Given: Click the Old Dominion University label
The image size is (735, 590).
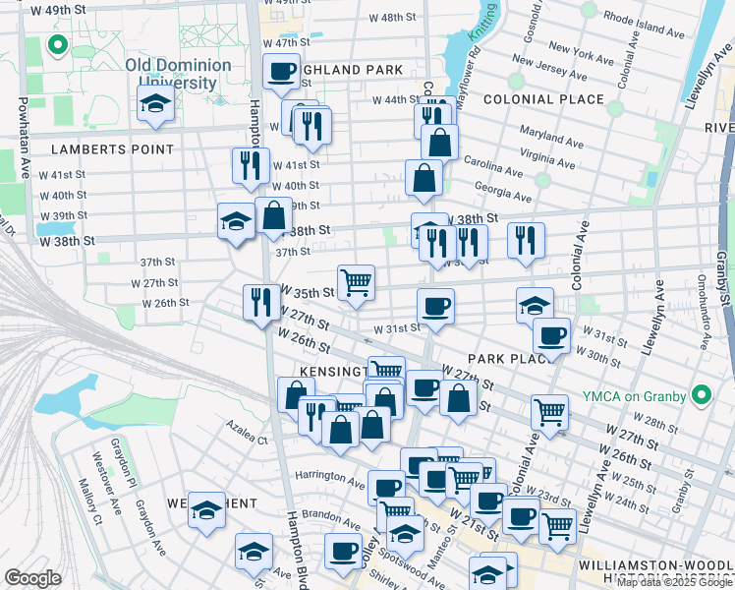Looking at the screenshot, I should (178, 74).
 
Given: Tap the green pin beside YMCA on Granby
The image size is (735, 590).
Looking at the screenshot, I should (701, 395).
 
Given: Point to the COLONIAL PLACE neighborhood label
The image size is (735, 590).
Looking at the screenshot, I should (542, 99).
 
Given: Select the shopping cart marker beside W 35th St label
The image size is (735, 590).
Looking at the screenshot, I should (356, 282).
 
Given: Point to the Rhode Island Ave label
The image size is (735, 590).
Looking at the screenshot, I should (644, 24).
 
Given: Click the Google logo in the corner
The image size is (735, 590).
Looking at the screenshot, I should (32, 578).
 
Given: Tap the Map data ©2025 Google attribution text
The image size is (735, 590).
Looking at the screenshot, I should (674, 582).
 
